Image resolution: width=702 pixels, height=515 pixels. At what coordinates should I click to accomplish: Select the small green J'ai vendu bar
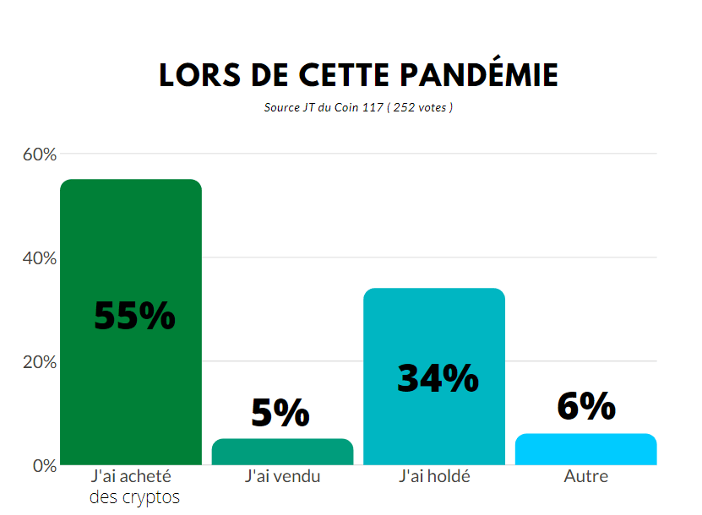(282, 453)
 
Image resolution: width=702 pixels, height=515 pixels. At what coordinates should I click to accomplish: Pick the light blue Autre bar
(585, 449)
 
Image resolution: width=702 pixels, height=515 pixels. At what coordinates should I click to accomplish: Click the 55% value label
(134, 316)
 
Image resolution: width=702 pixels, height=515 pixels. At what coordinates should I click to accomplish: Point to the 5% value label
(280, 413)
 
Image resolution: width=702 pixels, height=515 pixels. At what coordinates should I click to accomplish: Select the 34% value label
(438, 379)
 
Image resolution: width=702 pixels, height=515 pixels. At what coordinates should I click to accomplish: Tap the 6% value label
(585, 406)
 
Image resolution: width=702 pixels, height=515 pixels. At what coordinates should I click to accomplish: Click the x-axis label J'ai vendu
(282, 476)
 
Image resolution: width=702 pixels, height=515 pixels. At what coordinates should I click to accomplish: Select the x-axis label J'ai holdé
(434, 476)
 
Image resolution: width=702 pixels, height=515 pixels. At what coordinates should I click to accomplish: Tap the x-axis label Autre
(585, 476)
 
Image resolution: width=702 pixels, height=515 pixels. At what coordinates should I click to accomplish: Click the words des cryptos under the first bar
(134, 497)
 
